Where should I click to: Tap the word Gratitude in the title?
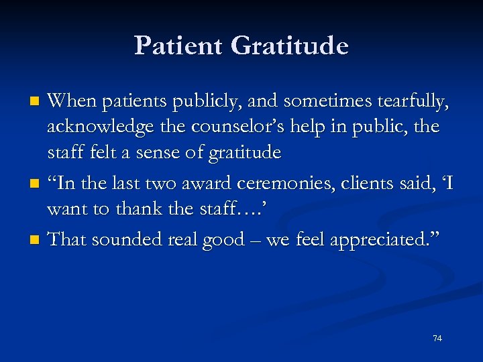click(290, 46)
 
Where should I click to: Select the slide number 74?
click(437, 339)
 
